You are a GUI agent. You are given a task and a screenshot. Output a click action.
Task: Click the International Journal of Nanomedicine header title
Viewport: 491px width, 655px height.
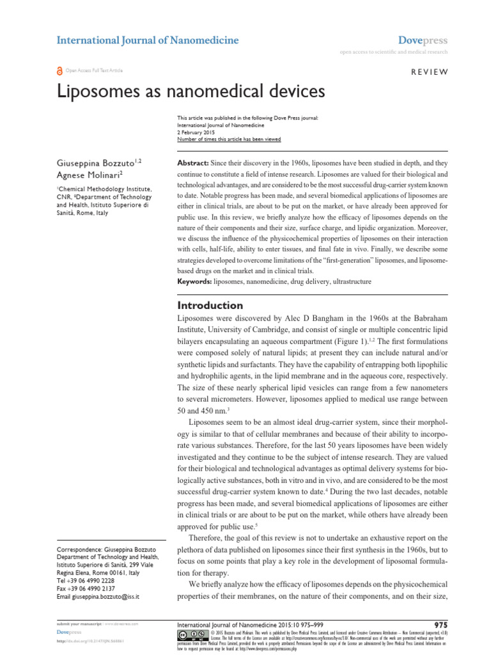pos(148,40)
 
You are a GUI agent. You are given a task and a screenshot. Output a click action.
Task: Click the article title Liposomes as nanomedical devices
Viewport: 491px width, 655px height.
pos(191,91)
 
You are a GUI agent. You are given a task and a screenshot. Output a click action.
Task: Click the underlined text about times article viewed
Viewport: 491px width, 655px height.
pos(228,139)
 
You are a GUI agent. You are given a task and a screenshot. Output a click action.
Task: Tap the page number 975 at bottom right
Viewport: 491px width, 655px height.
pos(441,624)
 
